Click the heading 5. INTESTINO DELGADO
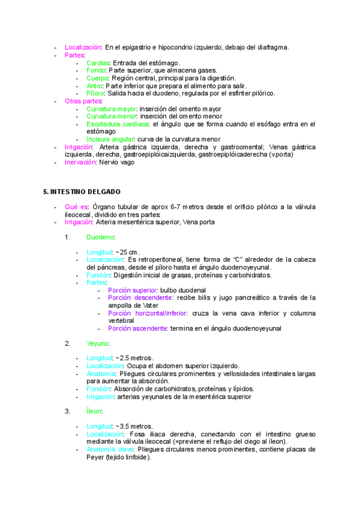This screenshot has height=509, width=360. tap(82, 191)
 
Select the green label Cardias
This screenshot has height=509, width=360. tap(97, 62)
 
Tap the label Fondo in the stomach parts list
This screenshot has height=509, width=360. tap(96, 70)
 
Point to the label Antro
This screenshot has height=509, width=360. tap(95, 86)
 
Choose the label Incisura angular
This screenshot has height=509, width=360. tap(110, 139)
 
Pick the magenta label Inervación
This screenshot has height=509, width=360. tap(81, 162)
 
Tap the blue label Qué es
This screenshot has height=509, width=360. tap(76, 207)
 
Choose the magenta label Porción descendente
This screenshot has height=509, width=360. tap(140, 297)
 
